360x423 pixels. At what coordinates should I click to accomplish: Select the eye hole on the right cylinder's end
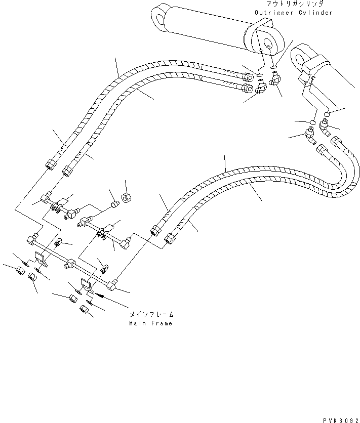[x=297, y=53]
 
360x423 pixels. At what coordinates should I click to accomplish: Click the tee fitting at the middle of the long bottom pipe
[x=70, y=263]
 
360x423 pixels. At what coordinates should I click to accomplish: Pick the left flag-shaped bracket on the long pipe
[x=42, y=259]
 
